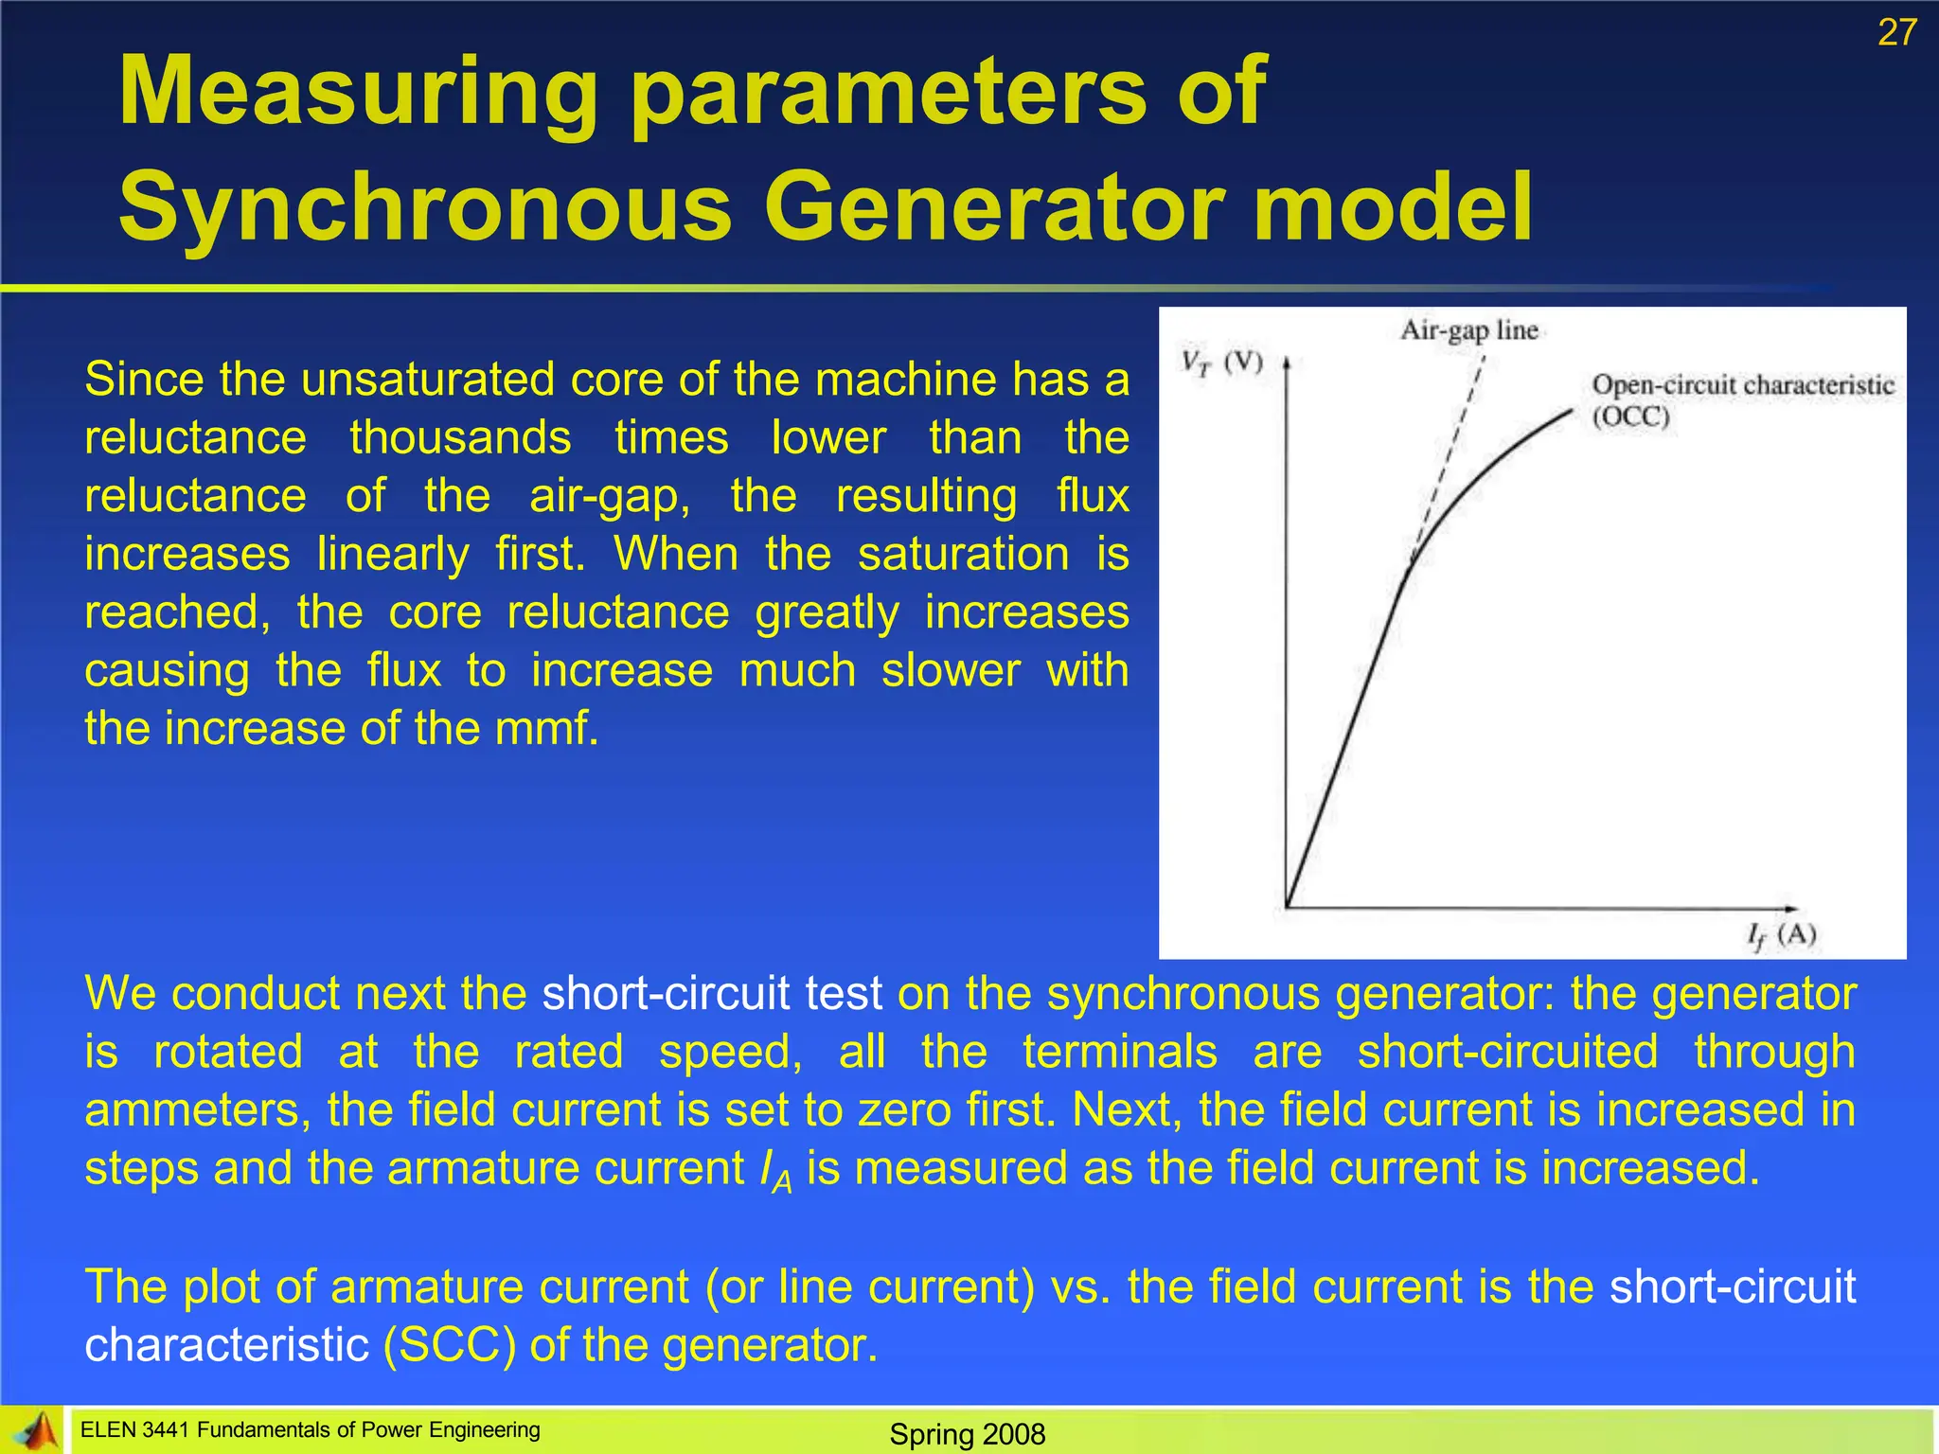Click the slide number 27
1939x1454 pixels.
pyautogui.click(x=1896, y=33)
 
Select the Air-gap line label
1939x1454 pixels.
pyautogui.click(x=1468, y=330)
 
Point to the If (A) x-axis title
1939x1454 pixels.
pyautogui.click(x=1781, y=936)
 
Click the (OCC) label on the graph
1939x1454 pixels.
pyautogui.click(x=1630, y=417)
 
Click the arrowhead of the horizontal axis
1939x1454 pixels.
pyautogui.click(x=1788, y=909)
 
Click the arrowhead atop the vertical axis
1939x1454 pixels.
pyautogui.click(x=1287, y=363)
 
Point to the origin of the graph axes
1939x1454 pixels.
pyautogui.click(x=1287, y=907)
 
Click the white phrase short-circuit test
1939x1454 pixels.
pyautogui.click(x=712, y=993)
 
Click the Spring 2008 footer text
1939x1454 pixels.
pyautogui.click(x=967, y=1434)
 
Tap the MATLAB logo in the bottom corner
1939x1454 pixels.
pyautogui.click(x=34, y=1431)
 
